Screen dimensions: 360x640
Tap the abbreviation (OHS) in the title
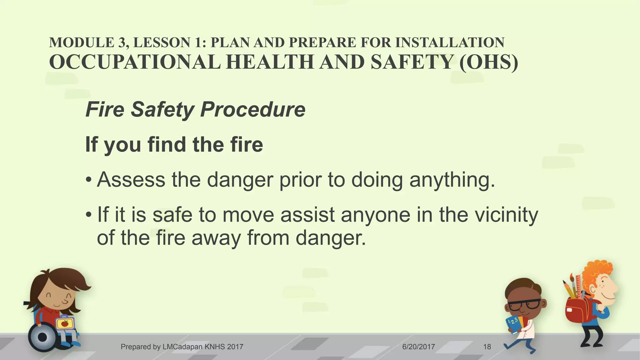[488, 62]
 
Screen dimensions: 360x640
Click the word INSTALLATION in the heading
[450, 42]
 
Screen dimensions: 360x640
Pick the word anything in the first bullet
[452, 181]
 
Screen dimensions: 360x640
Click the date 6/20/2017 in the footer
[418, 347]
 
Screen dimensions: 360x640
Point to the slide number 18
[487, 347]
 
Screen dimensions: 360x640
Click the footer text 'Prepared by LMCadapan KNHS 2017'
[182, 347]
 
